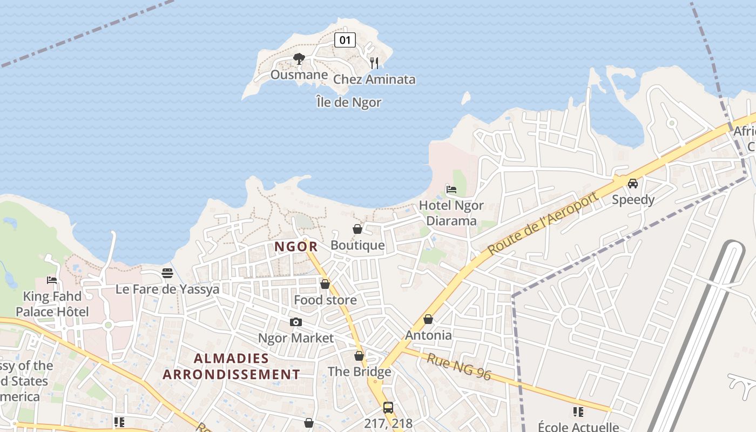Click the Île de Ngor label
pyautogui.click(x=349, y=102)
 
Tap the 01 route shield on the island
pyautogui.click(x=345, y=39)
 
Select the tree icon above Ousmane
pyautogui.click(x=299, y=58)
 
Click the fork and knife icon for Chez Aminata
pyautogui.click(x=374, y=63)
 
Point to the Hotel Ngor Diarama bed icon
pyautogui.click(x=451, y=189)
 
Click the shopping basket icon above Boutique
pyautogui.click(x=357, y=229)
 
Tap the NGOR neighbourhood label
pyautogui.click(x=295, y=247)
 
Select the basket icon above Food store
pyautogui.click(x=325, y=283)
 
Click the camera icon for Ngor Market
pyautogui.click(x=295, y=322)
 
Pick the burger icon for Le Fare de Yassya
pyautogui.click(x=167, y=273)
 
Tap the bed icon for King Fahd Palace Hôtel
pyautogui.click(x=52, y=280)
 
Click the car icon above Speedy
pyautogui.click(x=633, y=184)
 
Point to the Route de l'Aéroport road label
pyautogui.click(x=543, y=224)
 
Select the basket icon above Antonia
pyautogui.click(x=428, y=319)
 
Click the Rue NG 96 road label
pyautogui.click(x=459, y=367)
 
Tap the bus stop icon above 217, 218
pyautogui.click(x=388, y=407)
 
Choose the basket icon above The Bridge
pyautogui.click(x=359, y=356)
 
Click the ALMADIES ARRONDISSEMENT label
pyautogui.click(x=231, y=366)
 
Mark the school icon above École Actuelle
pyautogui.click(x=578, y=412)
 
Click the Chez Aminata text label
pyautogui.click(x=374, y=79)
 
